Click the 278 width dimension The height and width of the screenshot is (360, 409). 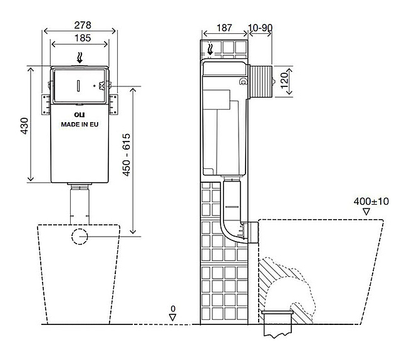point(83,25)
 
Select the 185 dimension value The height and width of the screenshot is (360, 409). point(83,38)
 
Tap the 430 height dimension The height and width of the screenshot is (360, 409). point(24,126)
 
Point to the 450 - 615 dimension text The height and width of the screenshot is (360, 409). point(127,155)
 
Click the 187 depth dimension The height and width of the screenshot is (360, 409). point(224,28)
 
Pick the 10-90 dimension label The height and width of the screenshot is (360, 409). point(260,28)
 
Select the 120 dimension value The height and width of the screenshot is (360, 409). point(284,81)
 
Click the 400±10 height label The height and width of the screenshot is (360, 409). point(371,201)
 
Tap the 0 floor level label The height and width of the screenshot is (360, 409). point(173,309)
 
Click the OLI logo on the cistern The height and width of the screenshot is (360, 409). point(80,115)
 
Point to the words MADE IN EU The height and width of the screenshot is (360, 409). point(80,125)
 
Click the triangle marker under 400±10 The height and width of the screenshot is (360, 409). point(366,212)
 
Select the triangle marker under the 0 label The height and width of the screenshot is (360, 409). point(173,317)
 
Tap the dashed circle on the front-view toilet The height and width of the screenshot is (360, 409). point(80,237)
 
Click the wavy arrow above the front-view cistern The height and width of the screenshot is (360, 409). point(80,58)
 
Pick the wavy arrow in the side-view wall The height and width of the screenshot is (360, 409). point(210,49)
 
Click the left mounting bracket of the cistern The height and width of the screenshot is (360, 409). point(46,105)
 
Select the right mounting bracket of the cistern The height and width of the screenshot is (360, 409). point(113,105)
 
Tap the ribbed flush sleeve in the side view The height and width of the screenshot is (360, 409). point(261,82)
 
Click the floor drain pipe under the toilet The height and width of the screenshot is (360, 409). point(277,324)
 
